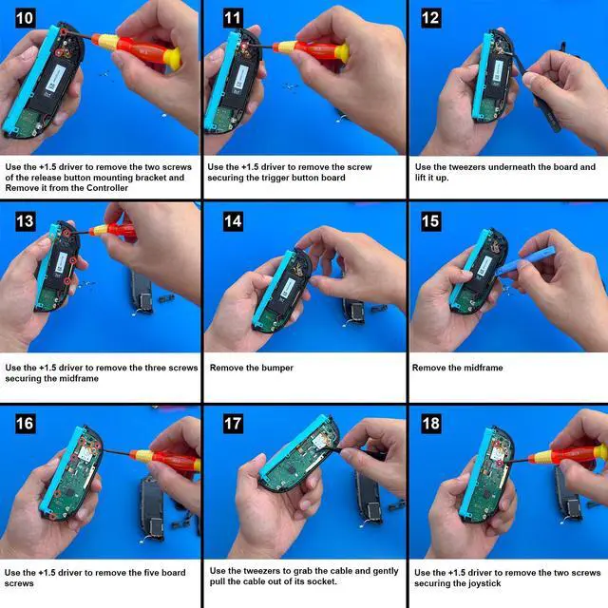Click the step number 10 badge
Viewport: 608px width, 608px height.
click(x=26, y=18)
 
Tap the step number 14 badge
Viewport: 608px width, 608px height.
click(x=233, y=221)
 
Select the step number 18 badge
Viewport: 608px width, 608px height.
click(x=430, y=424)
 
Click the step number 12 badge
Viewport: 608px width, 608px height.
click(x=430, y=18)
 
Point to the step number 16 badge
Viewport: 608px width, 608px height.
click(x=26, y=424)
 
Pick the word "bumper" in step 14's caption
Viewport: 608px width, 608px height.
click(x=277, y=368)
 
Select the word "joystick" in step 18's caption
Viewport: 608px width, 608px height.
click(x=482, y=583)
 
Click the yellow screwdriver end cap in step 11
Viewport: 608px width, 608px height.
click(x=342, y=53)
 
